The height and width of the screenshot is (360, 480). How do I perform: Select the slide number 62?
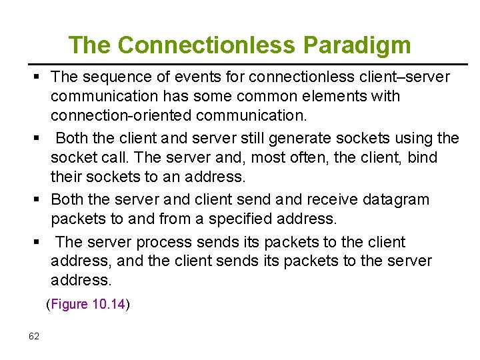(x=34, y=335)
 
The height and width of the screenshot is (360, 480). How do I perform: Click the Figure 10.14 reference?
(x=88, y=305)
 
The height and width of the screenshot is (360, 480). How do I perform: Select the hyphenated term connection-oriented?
(x=121, y=115)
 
